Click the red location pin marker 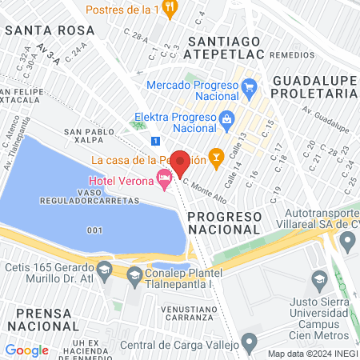180,162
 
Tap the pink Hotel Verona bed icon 165,183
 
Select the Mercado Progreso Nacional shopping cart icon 248,86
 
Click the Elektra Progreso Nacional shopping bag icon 227,118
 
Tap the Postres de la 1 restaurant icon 169,8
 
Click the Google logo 26,350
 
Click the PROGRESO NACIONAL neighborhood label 225,223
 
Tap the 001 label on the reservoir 95,230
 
